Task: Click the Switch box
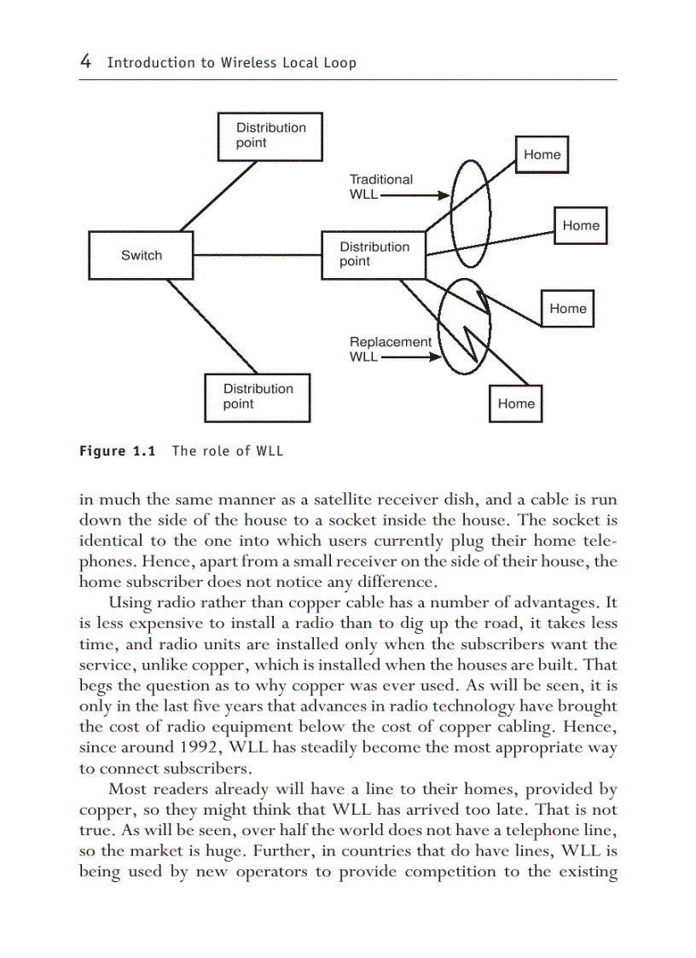pyautogui.click(x=141, y=255)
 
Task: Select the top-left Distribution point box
pyautogui.click(x=270, y=136)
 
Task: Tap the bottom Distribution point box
pyautogui.click(x=257, y=398)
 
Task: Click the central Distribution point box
pyautogui.click(x=374, y=255)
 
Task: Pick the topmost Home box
pyautogui.click(x=542, y=154)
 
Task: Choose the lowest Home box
pyautogui.click(x=516, y=404)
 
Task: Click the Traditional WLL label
pyautogui.click(x=380, y=187)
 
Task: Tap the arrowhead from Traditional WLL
pyautogui.click(x=444, y=195)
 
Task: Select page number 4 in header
pyautogui.click(x=85, y=61)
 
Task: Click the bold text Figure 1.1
pyautogui.click(x=117, y=450)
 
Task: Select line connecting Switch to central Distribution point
pyautogui.click(x=256, y=255)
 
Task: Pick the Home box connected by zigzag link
pyautogui.click(x=567, y=309)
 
